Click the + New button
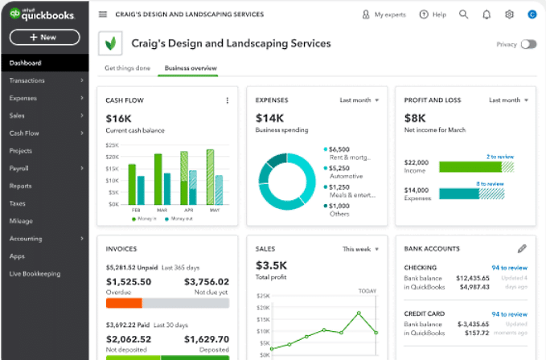pyautogui.click(x=43, y=37)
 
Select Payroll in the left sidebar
pyautogui.click(x=19, y=168)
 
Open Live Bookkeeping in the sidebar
pyautogui.click(x=35, y=273)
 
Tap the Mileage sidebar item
pyautogui.click(x=21, y=220)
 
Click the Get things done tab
pyautogui.click(x=127, y=68)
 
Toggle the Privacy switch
pyautogui.click(x=528, y=45)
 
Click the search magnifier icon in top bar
pyautogui.click(x=463, y=14)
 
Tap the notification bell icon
pyautogui.click(x=486, y=14)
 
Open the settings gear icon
pyautogui.click(x=509, y=14)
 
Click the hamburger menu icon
pyautogui.click(x=102, y=14)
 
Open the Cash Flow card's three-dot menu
pyautogui.click(x=228, y=100)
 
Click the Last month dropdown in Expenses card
pyautogui.click(x=358, y=100)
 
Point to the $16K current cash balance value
pyautogui.click(x=118, y=118)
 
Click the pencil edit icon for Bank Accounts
pyautogui.click(x=522, y=249)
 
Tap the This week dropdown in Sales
pyautogui.click(x=359, y=249)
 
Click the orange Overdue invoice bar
pyautogui.click(x=124, y=303)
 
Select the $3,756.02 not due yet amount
pyautogui.click(x=206, y=281)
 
